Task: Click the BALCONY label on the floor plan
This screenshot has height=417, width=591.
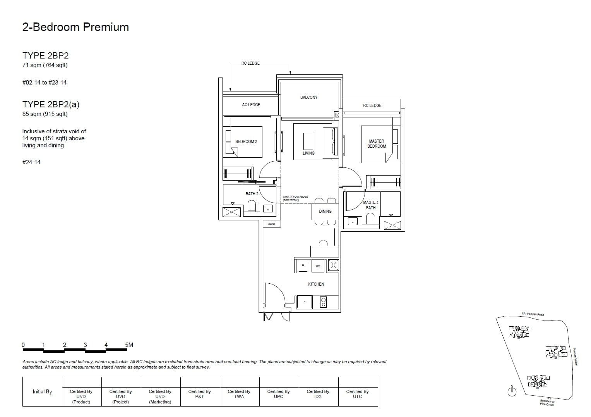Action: pos(308,97)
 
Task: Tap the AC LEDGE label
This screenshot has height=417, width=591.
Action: pos(251,105)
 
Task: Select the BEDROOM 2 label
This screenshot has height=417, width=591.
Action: pos(246,141)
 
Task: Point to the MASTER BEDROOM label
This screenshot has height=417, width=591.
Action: pos(377,144)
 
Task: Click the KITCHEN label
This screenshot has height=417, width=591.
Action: pos(316,284)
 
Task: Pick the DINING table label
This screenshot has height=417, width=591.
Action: pos(325,211)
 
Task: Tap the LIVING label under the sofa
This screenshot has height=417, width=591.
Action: pos(308,153)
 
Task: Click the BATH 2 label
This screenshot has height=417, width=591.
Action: pos(252,194)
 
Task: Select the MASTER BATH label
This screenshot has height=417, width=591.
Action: pos(370,205)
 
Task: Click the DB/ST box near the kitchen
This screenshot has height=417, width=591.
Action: pos(272,224)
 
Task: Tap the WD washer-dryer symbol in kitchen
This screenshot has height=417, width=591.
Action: pos(318,266)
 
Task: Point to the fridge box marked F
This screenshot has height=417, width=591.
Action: pos(304,302)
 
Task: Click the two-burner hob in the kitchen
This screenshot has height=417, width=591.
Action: pos(324,302)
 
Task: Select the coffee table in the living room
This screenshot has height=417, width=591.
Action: pos(308,141)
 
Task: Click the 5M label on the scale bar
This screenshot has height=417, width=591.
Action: pos(129,345)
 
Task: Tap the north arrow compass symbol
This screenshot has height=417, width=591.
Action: pos(512,391)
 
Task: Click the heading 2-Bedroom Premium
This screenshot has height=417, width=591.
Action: pos(75,27)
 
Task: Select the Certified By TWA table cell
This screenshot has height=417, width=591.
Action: pos(239,394)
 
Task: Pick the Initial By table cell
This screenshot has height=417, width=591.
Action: pos(42,391)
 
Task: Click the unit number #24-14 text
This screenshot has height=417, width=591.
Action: pos(31,162)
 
